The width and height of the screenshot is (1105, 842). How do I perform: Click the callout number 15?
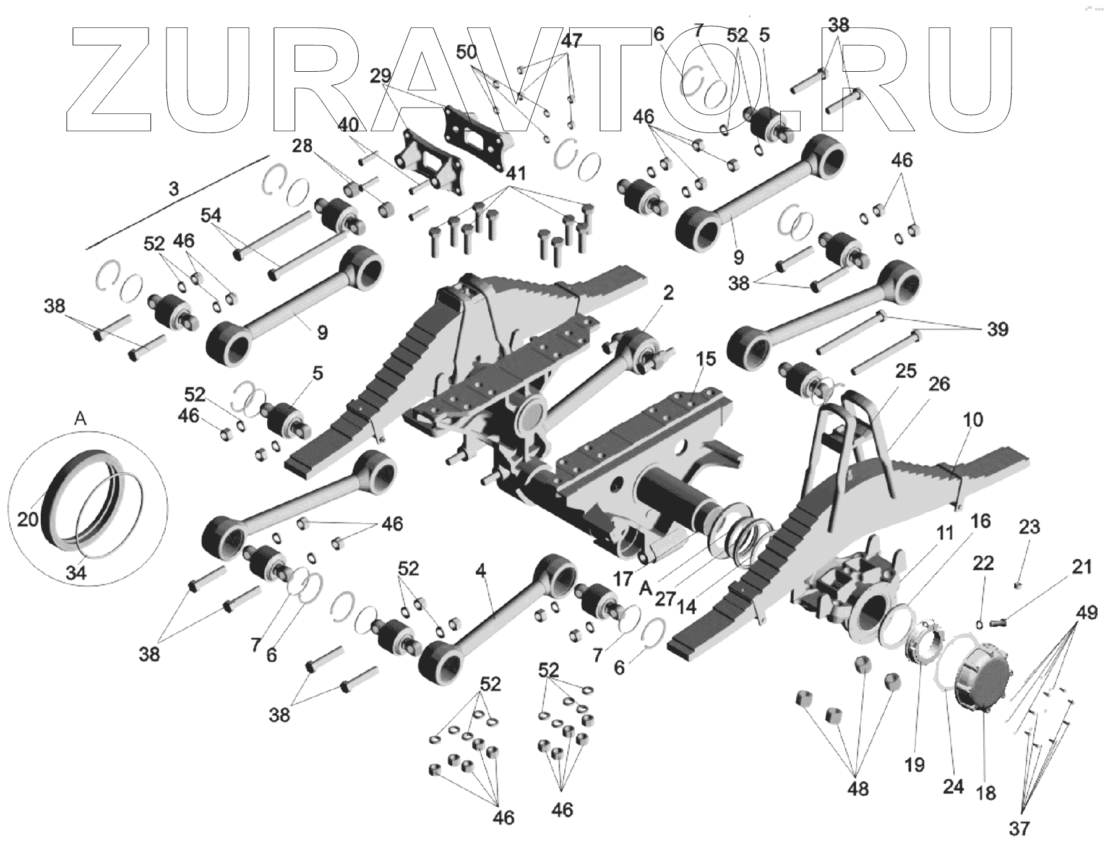click(x=705, y=359)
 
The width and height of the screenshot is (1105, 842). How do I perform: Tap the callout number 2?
click(x=668, y=293)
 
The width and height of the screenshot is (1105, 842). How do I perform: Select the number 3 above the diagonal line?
click(x=174, y=188)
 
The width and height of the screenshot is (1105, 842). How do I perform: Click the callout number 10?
click(x=972, y=420)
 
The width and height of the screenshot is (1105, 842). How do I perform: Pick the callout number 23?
click(x=1029, y=527)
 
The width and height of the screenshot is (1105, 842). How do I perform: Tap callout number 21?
click(x=1081, y=567)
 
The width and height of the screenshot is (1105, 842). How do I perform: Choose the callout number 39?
click(x=997, y=329)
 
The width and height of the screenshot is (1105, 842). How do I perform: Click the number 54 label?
click(x=210, y=215)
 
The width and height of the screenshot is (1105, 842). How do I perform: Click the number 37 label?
click(x=1020, y=827)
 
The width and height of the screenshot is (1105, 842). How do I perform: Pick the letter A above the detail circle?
click(x=80, y=419)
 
